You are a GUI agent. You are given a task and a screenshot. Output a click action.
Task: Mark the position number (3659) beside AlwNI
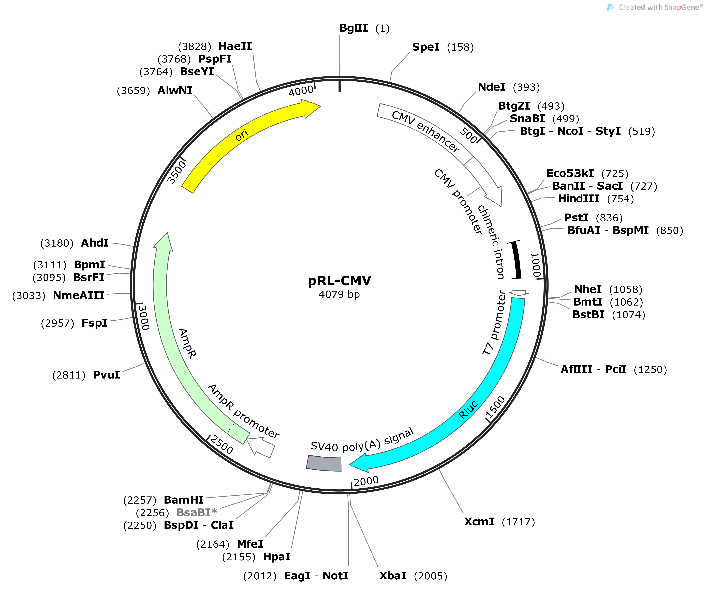click(133, 91)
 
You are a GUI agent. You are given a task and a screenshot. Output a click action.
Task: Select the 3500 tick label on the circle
click(177, 172)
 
